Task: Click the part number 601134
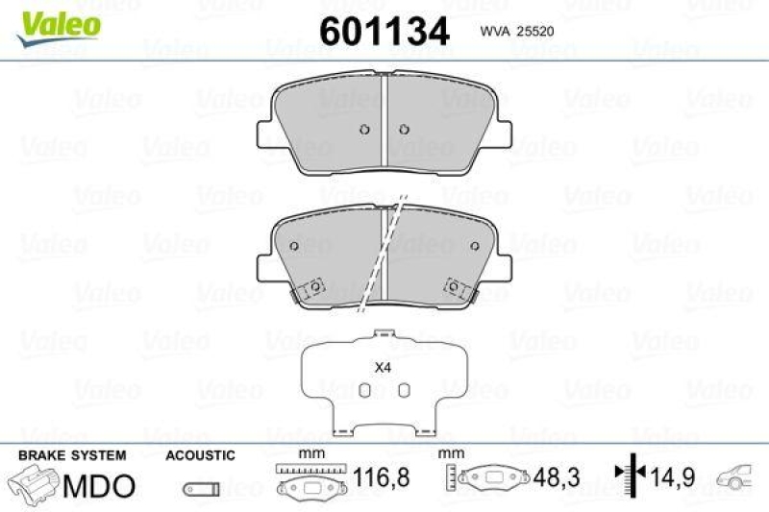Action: coord(384,32)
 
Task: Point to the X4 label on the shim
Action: coord(383,367)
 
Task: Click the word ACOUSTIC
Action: coord(200,455)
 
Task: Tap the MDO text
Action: coord(99,486)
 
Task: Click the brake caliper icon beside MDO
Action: coord(35,484)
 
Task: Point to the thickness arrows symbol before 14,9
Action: coord(631,474)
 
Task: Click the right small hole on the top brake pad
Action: coord(404,132)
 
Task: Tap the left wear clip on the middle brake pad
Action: coord(312,289)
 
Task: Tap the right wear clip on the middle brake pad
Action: coord(455,288)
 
